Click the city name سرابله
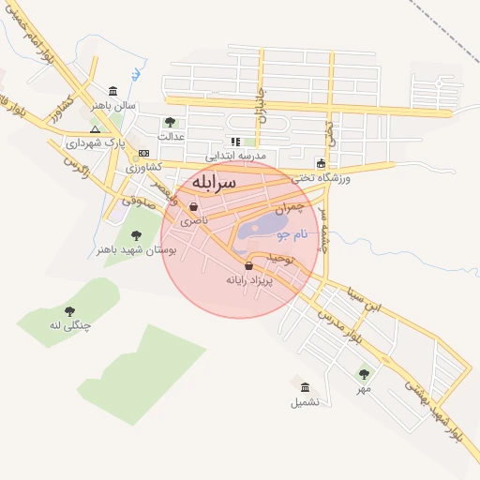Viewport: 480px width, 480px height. [x=217, y=182]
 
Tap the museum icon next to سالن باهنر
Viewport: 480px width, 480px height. [x=113, y=91]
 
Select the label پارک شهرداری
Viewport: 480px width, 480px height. [x=95, y=143]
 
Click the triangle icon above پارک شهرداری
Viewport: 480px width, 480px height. [x=95, y=129]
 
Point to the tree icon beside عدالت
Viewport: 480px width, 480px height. [x=170, y=122]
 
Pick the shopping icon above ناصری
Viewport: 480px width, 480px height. [x=193, y=208]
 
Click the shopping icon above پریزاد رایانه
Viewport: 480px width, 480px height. [x=247, y=266]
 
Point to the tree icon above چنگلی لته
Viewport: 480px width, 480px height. [x=69, y=311]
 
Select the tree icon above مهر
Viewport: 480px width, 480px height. [x=363, y=374]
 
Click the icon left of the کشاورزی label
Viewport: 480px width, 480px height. [x=142, y=153]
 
